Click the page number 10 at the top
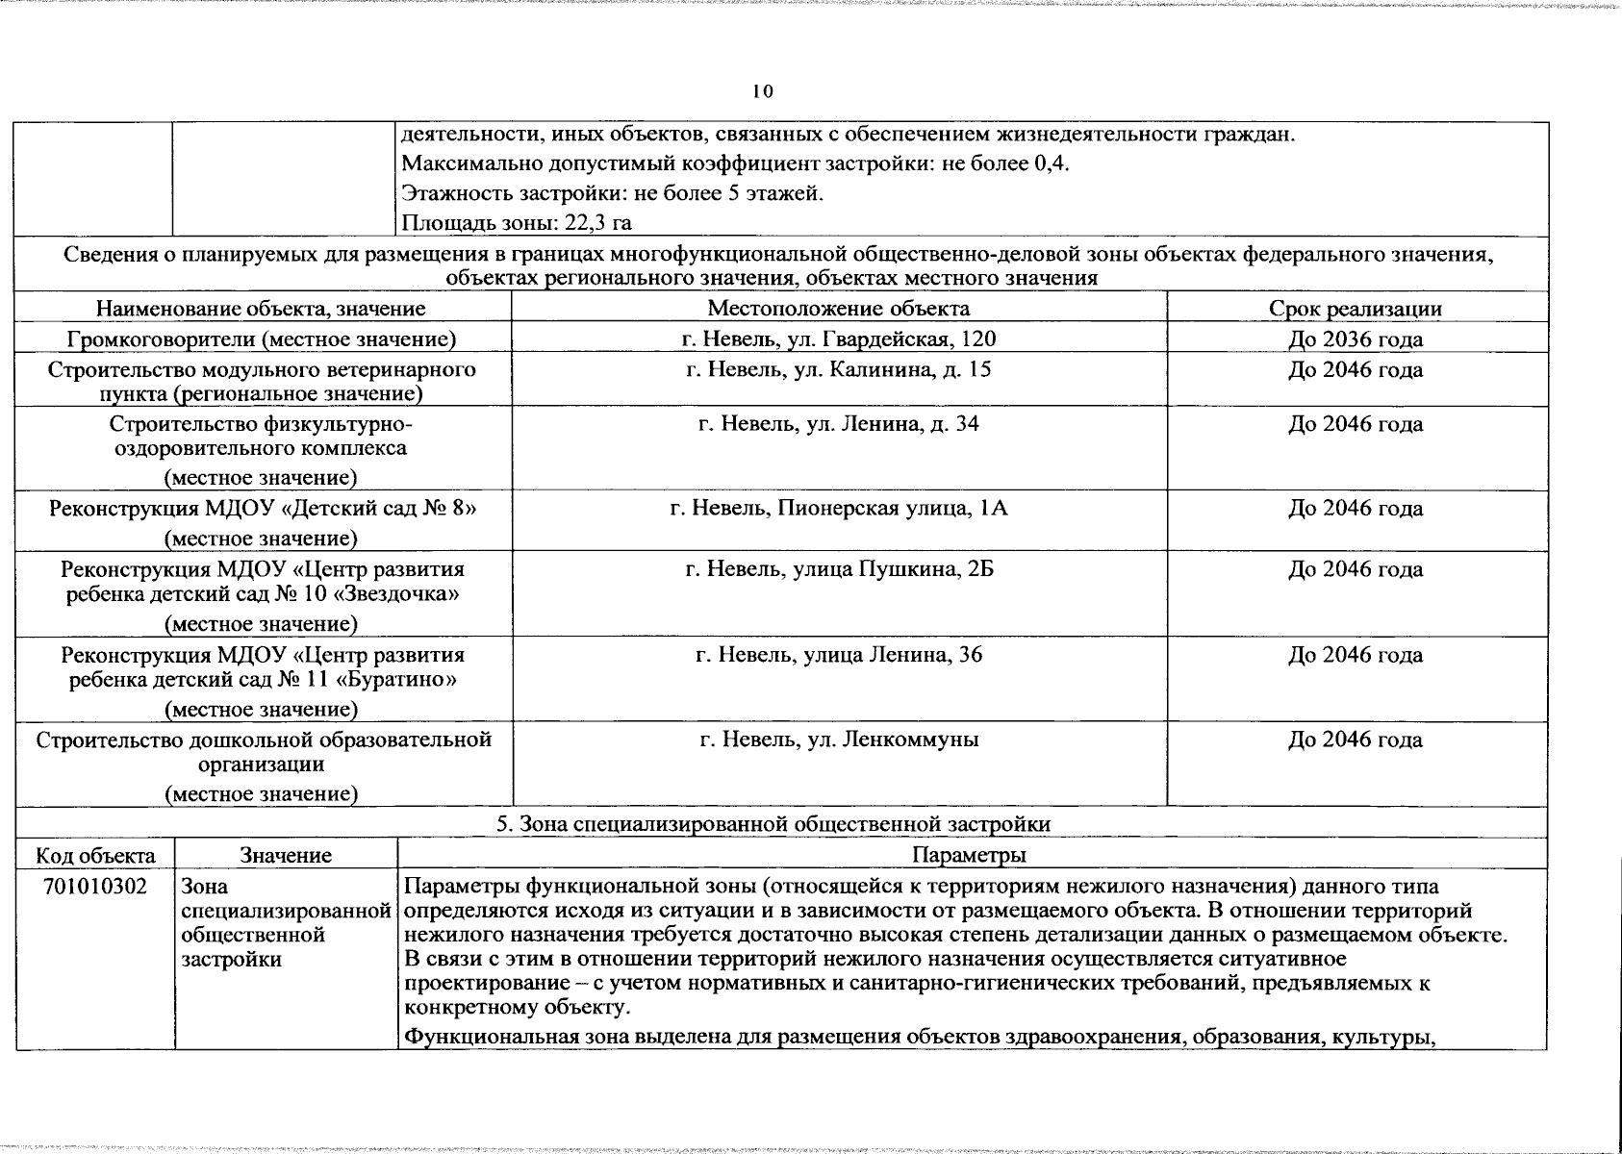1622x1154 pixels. pyautogui.click(x=762, y=91)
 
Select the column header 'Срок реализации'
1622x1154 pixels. pyautogui.click(x=1355, y=309)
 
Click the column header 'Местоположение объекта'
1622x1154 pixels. pyautogui.click(x=839, y=308)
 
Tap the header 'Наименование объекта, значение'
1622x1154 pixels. pyautogui.click(x=261, y=309)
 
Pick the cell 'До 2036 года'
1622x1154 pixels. pyautogui.click(x=1355, y=339)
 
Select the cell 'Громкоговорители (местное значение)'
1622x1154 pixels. pyautogui.click(x=261, y=339)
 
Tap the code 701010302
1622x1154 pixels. pyautogui.click(x=93, y=886)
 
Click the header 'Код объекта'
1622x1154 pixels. pyautogui.click(x=94, y=855)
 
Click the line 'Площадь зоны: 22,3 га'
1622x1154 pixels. pyautogui.click(x=516, y=223)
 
